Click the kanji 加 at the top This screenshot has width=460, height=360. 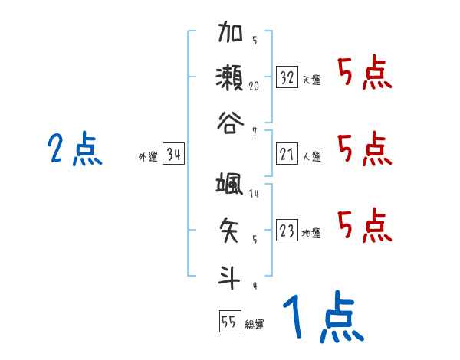(232, 34)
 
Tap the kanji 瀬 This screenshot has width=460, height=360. (232, 77)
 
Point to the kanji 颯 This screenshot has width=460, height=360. (232, 185)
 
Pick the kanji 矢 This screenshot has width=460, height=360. (232, 228)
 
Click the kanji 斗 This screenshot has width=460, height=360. (232, 274)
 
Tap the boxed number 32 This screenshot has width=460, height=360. (287, 78)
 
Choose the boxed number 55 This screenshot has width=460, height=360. (229, 322)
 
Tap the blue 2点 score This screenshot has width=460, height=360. (75, 149)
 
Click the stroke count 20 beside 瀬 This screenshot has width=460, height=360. (255, 86)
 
